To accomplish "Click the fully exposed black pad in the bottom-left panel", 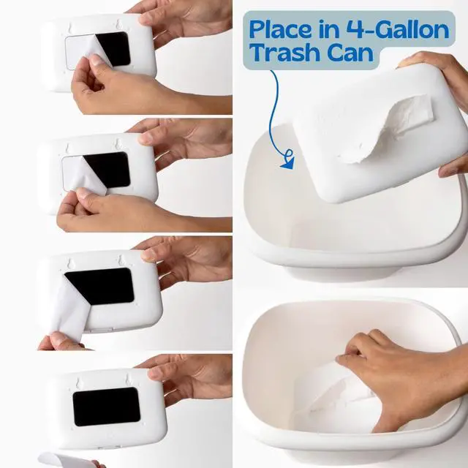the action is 107,407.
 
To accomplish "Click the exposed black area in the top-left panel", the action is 115,48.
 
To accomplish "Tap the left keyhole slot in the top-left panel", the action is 70,28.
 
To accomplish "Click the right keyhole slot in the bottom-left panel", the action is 128,379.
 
